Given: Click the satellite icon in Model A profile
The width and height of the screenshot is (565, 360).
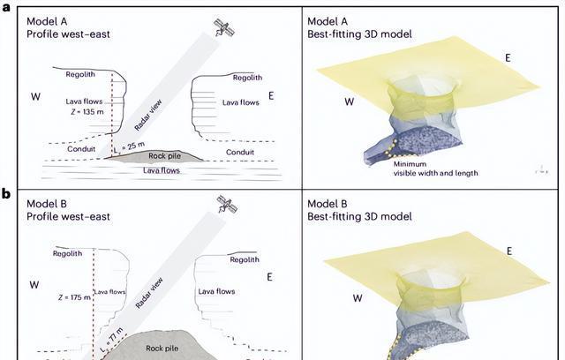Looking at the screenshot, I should (x=225, y=29).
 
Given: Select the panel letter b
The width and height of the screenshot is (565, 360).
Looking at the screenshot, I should (x=5, y=192).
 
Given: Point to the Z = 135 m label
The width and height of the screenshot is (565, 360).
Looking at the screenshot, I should (x=86, y=113).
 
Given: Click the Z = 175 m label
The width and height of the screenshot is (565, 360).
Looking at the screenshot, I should (x=72, y=297).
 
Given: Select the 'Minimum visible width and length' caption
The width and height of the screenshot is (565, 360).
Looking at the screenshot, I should (x=435, y=169).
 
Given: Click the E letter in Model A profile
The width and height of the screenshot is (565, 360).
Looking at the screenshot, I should (x=270, y=95).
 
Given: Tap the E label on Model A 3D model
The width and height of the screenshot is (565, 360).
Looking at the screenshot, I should (x=507, y=57).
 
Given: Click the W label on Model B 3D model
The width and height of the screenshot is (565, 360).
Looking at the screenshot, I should (x=358, y=297).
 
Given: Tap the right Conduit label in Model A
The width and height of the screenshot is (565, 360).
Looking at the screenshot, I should (x=240, y=151).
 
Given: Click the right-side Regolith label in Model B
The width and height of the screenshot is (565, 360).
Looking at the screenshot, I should (x=245, y=259).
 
